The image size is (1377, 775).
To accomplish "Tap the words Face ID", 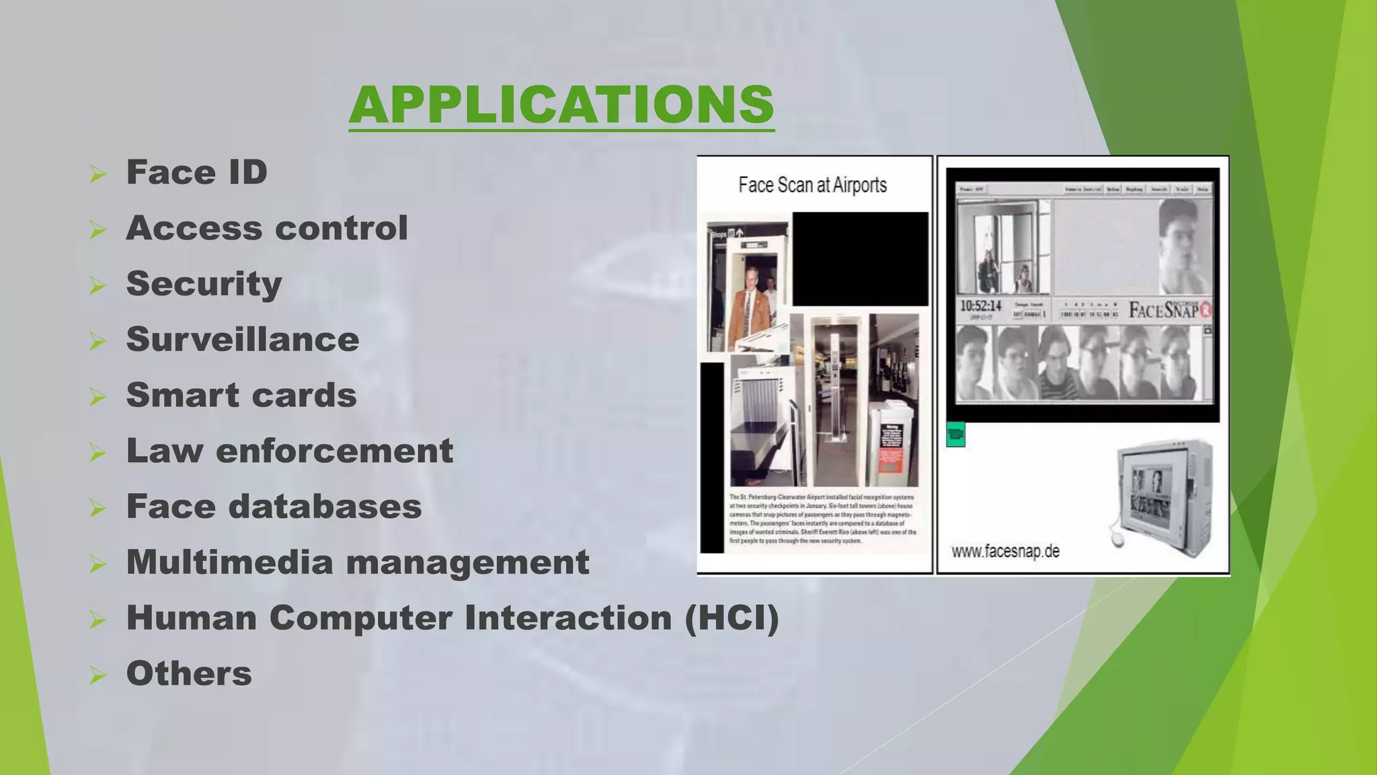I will [x=197, y=172].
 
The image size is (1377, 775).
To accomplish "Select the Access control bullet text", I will [x=267, y=228].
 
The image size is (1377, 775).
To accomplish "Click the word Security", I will [x=204, y=284].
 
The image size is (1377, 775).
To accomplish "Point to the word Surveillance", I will [x=243, y=340].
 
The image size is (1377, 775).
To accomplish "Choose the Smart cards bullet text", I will [x=241, y=395].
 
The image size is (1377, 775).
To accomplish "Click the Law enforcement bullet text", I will [x=290, y=451].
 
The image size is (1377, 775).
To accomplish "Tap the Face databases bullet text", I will [x=274, y=507].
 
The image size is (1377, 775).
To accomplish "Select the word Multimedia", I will [x=229, y=562].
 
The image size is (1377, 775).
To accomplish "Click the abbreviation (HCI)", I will [x=732, y=618].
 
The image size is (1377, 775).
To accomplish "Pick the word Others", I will [x=189, y=673].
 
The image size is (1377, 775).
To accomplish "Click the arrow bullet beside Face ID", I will [x=98, y=175].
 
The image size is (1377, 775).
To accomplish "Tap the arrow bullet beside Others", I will [x=98, y=675].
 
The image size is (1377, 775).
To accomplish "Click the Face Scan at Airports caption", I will [x=812, y=185].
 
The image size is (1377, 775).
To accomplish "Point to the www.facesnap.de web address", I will [x=1005, y=552].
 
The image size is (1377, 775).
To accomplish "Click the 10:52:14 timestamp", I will [x=980, y=306].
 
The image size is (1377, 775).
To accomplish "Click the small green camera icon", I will [x=955, y=435].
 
